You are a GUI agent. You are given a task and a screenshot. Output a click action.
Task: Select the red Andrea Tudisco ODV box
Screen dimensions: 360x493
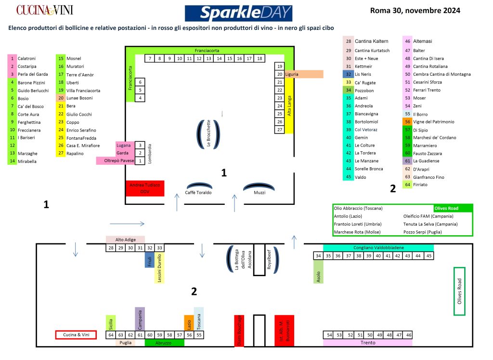coord(145,188)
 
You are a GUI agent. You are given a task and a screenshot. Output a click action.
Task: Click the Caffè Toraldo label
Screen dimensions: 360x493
coord(198,193)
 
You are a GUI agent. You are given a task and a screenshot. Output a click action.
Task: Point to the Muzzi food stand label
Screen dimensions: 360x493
coord(259,193)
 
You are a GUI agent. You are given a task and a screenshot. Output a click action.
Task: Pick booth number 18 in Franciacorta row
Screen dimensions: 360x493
coord(259,58)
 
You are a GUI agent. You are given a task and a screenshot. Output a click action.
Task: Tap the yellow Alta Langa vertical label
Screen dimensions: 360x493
coord(289,107)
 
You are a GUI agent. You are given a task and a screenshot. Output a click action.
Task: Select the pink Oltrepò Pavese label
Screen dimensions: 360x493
coord(116,161)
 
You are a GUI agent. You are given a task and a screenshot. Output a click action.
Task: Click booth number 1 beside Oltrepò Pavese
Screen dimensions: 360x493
coord(140,161)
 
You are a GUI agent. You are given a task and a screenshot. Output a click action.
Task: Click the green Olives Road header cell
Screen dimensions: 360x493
coord(453,208)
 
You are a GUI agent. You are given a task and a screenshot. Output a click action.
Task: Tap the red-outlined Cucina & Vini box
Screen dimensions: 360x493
coord(76,335)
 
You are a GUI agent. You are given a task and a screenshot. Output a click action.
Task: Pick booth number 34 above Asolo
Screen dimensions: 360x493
coord(318,256)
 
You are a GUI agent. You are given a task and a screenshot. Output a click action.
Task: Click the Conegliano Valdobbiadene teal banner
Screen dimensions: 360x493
coord(378,248)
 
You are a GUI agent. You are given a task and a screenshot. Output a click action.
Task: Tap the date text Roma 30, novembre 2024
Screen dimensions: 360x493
coord(415,11)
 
